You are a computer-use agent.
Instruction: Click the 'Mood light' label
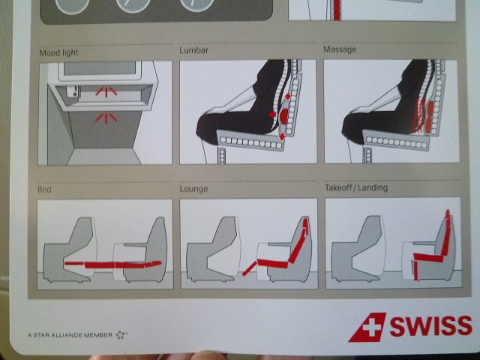58,52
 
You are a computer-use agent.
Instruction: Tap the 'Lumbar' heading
193,50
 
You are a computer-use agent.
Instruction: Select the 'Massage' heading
340,49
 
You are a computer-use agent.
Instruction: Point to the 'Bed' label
44,189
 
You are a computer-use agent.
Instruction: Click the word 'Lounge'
193,188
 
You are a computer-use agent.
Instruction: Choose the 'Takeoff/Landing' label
356,187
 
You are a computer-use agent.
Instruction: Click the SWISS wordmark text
431,325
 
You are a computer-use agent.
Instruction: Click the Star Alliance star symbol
120,334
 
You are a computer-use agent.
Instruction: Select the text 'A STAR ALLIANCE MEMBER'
70,335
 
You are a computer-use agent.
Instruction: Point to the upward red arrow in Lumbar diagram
288,96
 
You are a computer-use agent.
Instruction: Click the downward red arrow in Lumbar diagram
282,136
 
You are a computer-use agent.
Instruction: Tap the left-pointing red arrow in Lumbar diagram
271,114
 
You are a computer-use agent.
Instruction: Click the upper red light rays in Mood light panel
106,91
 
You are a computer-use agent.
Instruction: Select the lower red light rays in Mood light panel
106,118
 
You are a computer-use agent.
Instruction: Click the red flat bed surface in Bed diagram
113,265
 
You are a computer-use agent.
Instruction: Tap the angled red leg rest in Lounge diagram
250,268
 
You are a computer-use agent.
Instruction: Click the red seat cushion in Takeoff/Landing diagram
428,257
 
